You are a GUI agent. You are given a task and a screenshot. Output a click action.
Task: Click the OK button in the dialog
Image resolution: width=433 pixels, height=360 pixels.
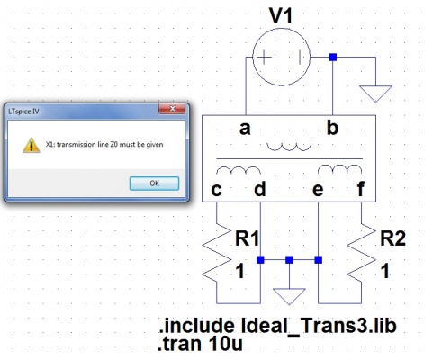[x=154, y=184]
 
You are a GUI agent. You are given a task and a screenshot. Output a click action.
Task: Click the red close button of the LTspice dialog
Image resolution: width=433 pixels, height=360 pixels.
[x=172, y=109]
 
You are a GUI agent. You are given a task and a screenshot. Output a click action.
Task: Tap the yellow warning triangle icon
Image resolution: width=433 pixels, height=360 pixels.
[x=32, y=145]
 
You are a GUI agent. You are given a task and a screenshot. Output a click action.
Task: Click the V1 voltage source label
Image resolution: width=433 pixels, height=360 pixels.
[x=281, y=15]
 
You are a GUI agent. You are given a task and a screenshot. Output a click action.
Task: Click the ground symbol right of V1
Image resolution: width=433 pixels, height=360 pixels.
[x=375, y=94]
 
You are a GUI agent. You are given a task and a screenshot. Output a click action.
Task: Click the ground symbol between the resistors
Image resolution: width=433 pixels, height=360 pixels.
[x=289, y=296]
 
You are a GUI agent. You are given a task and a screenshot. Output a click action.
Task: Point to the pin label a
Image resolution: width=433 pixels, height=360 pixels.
[x=245, y=129]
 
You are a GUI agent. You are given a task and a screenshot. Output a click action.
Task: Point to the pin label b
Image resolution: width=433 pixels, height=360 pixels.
[x=332, y=127]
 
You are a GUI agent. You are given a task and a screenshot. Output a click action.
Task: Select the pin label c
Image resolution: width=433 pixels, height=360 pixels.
[x=217, y=190]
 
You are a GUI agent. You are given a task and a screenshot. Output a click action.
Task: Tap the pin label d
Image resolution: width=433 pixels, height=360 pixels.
[x=260, y=189]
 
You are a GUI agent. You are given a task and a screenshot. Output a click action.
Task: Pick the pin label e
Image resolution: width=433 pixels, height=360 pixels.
[x=318, y=190]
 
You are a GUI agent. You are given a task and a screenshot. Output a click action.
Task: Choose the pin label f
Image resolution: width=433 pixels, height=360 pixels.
[x=361, y=189]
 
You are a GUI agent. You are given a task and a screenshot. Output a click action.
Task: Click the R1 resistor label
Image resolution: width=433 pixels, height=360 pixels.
[x=247, y=238]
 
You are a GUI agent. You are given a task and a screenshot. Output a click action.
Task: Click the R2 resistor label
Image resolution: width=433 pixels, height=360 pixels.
[x=393, y=238]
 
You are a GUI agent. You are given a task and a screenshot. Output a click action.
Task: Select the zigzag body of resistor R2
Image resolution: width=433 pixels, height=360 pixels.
[x=361, y=253]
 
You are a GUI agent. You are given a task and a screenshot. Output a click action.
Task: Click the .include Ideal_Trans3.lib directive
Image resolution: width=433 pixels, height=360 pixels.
[x=277, y=326]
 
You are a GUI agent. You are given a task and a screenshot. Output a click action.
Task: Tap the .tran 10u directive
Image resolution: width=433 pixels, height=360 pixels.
[x=200, y=344]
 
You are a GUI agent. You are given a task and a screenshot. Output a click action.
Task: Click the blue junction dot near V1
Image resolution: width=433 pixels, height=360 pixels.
[x=333, y=57]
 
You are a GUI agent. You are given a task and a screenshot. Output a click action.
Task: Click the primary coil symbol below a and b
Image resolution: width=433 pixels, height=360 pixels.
[x=289, y=147]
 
